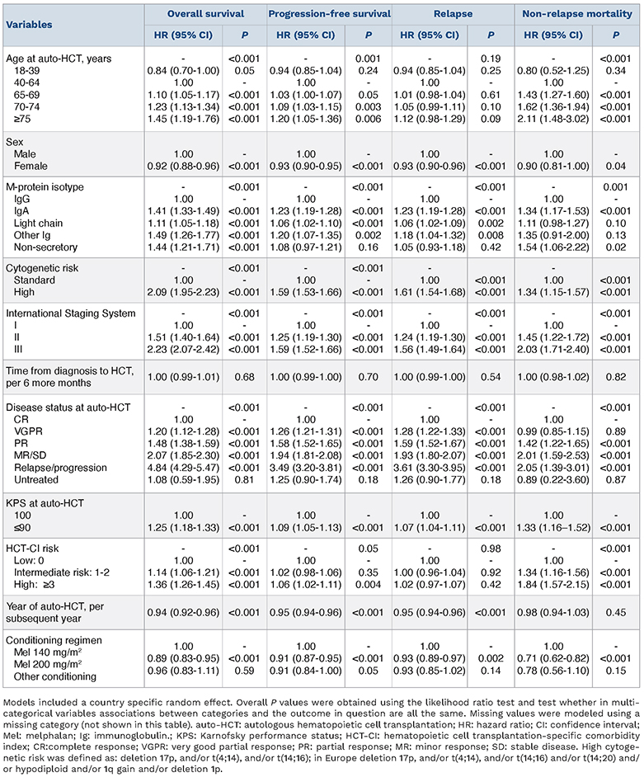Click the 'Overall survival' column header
[204, 14]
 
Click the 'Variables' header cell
[31, 25]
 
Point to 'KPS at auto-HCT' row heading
[46, 502]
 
